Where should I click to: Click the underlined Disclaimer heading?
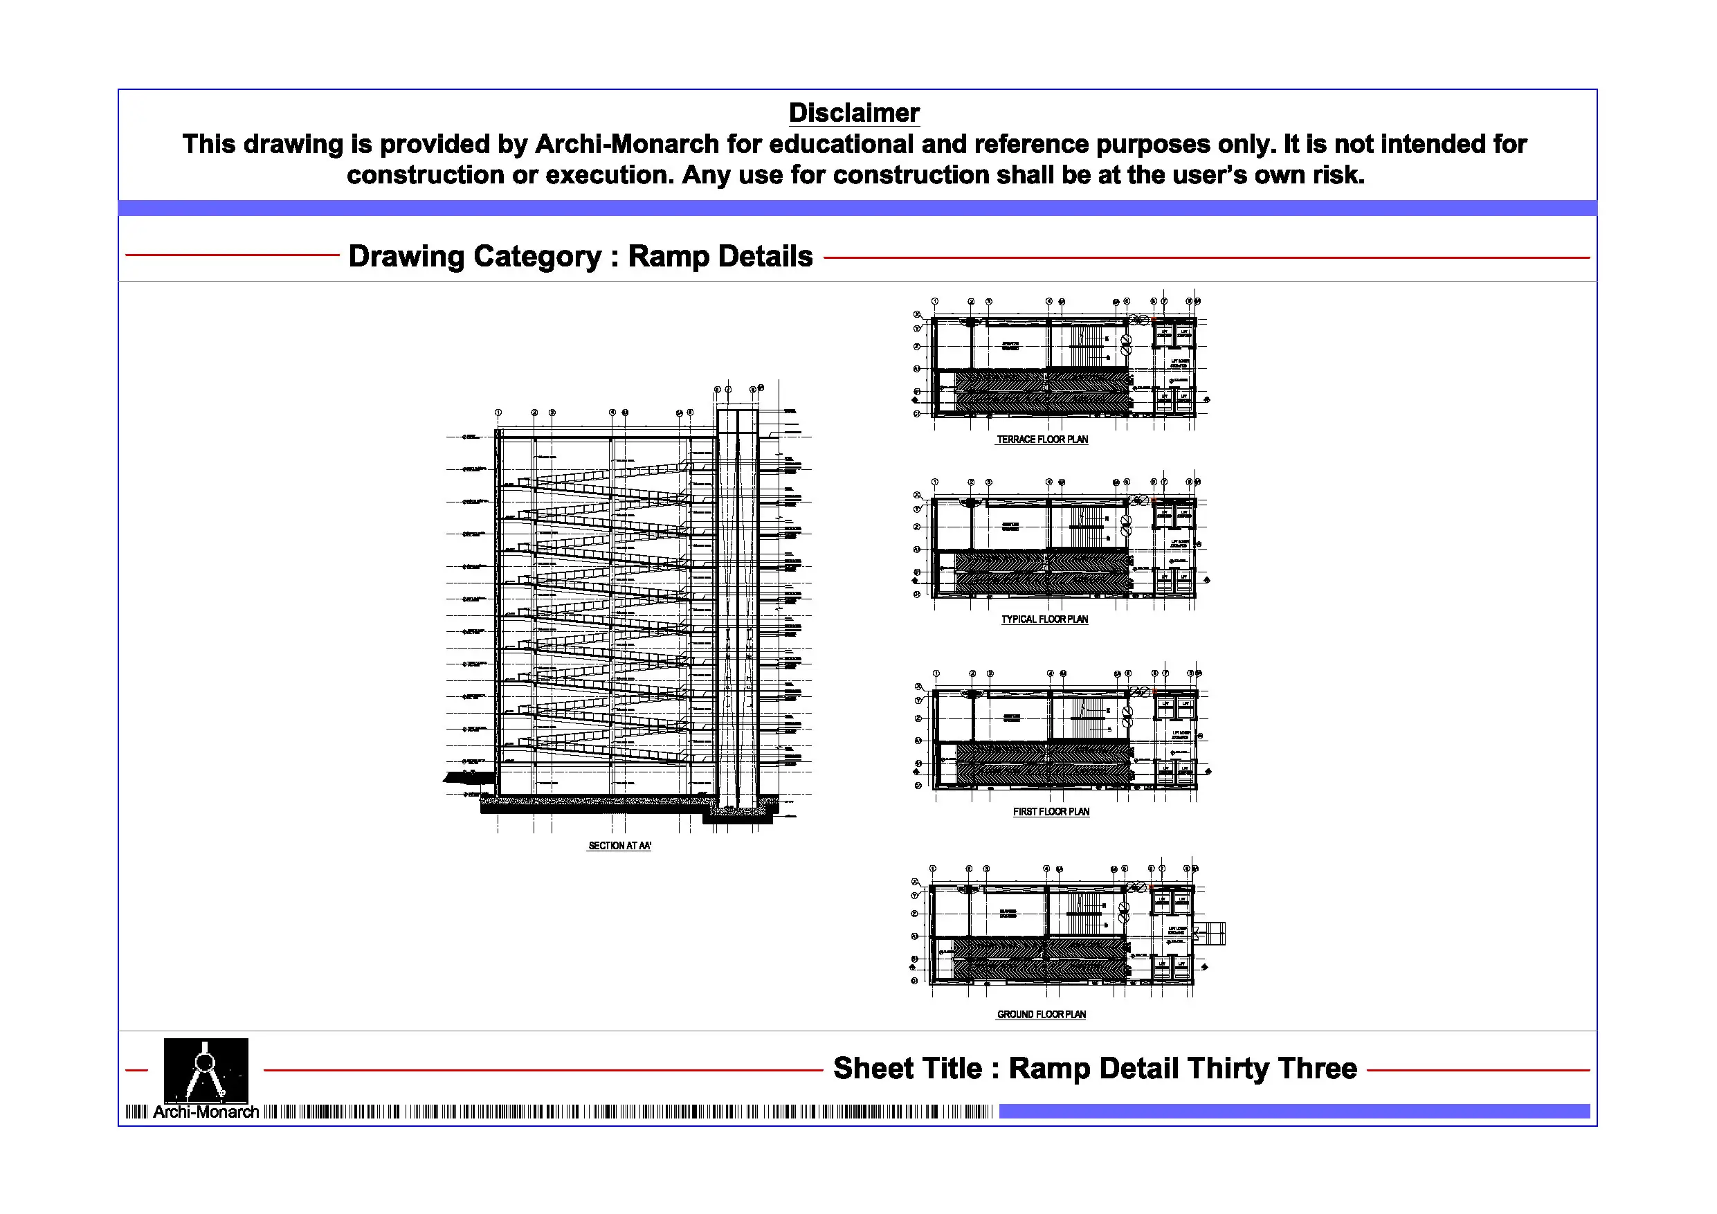pyautogui.click(x=853, y=113)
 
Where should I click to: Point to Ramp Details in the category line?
pyautogui.click(x=720, y=257)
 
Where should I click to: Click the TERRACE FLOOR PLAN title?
pyautogui.click(x=1042, y=440)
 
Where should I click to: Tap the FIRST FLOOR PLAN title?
pyautogui.click(x=1051, y=812)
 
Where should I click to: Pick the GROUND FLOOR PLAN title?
pyautogui.click(x=1041, y=1014)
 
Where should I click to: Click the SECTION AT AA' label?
pyautogui.click(x=619, y=846)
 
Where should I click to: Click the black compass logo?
pyautogui.click(x=206, y=1069)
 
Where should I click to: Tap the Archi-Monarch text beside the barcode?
pyautogui.click(x=206, y=1112)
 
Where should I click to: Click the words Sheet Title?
pyautogui.click(x=907, y=1069)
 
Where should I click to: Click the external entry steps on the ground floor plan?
pyautogui.click(x=1212, y=934)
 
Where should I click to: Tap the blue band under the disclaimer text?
pyautogui.click(x=857, y=208)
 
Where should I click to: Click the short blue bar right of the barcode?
pyautogui.click(x=1293, y=1112)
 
